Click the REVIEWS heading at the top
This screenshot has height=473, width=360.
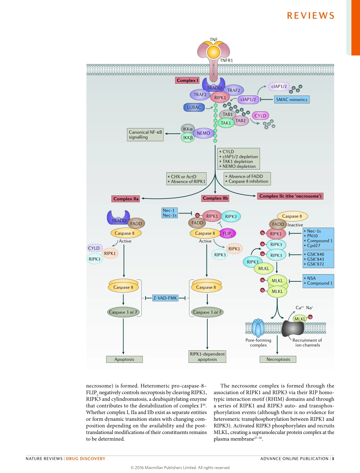[x=310, y=16]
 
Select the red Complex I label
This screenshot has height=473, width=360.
[x=187, y=80]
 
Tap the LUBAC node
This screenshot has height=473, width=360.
[x=194, y=107]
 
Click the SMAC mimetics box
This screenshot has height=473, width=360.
[x=291, y=100]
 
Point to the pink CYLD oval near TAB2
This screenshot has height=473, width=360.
[x=260, y=116]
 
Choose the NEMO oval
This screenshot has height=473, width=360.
[x=203, y=133]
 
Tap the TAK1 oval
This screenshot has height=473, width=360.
[x=226, y=123]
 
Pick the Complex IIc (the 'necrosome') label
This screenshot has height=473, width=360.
[x=291, y=196]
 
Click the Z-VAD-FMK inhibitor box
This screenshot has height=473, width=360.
[x=165, y=298]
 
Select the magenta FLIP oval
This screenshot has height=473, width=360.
[x=227, y=233]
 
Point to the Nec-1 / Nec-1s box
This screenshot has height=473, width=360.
[x=169, y=212]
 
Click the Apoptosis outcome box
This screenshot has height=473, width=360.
[x=124, y=359]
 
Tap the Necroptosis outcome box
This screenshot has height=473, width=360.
[x=278, y=359]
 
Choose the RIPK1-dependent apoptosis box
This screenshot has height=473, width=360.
[x=207, y=356]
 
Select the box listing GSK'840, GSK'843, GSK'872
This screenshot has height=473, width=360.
[x=318, y=259]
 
